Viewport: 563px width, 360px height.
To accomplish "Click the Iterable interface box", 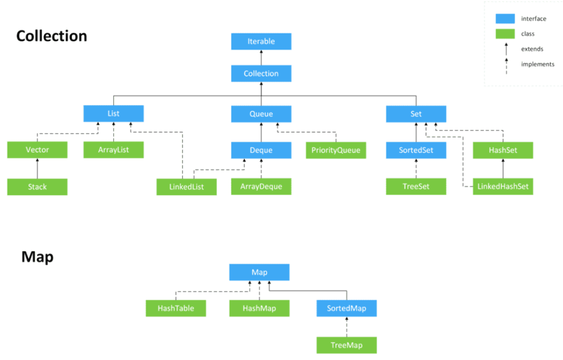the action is [x=261, y=41].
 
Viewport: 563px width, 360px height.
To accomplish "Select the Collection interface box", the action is [x=261, y=73].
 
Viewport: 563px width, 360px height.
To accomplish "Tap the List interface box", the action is [x=113, y=113].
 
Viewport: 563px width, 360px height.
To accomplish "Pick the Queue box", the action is [x=261, y=114].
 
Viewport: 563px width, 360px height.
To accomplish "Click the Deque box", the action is [x=261, y=150].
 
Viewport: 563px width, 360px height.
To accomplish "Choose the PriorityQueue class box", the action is [x=336, y=150].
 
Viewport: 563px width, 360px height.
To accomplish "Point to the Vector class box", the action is [x=37, y=150].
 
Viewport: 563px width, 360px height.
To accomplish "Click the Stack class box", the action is [x=37, y=186].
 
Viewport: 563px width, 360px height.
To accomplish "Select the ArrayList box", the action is [x=113, y=150].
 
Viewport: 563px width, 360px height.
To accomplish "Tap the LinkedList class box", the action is [x=187, y=186].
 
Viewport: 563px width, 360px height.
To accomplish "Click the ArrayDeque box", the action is [x=261, y=186].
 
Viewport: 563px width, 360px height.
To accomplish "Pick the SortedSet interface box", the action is [x=416, y=150].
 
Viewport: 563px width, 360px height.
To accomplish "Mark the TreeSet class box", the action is [x=416, y=186].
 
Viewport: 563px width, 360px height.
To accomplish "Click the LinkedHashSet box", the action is [x=503, y=186].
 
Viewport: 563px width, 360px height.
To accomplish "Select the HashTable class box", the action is [x=176, y=308].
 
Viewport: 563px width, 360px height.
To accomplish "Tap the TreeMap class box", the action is [x=347, y=345].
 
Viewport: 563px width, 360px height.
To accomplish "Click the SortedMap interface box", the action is [x=347, y=308].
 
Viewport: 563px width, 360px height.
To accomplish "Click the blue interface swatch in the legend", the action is [x=505, y=18].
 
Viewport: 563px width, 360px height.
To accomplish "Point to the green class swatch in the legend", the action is [x=505, y=34].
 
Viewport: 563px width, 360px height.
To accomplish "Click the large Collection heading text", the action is [x=52, y=36].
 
